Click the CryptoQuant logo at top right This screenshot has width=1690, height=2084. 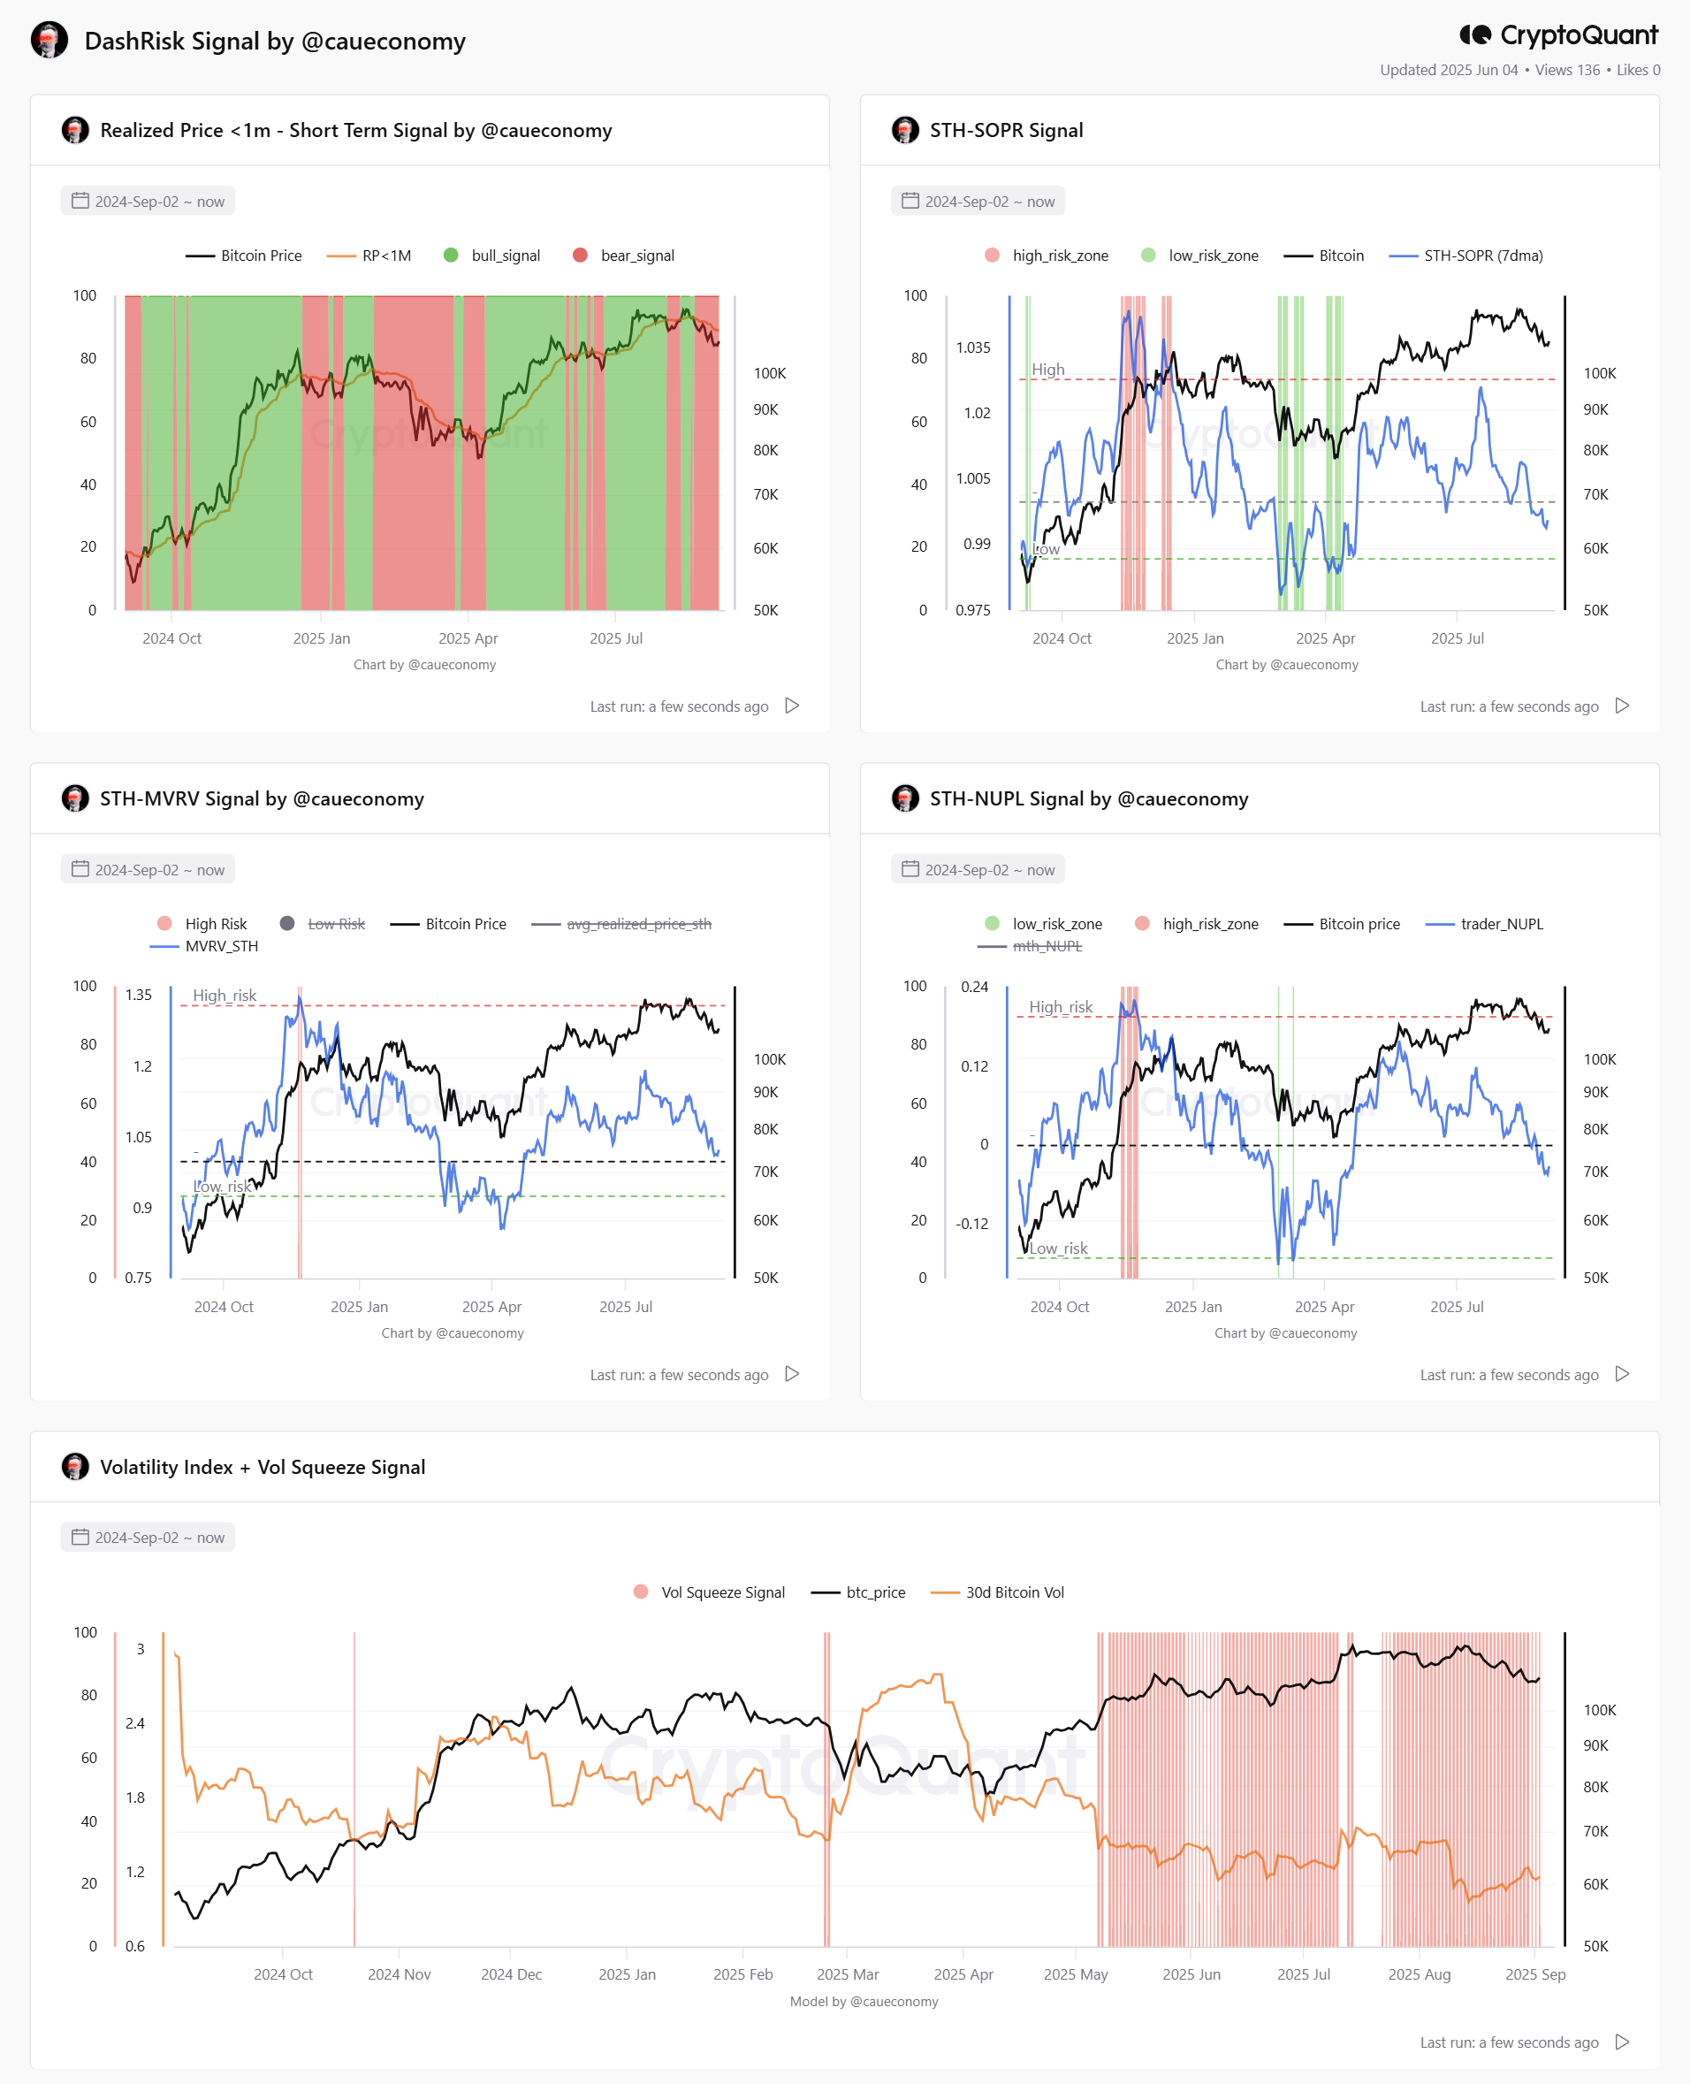[1557, 35]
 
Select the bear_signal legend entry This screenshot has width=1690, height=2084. [624, 256]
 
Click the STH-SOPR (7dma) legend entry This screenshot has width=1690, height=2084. [1466, 256]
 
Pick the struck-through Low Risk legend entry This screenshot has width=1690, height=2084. [323, 923]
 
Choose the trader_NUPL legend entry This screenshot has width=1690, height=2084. [1485, 923]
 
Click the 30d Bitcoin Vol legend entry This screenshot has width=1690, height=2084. [998, 1592]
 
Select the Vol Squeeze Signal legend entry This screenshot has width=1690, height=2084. [709, 1592]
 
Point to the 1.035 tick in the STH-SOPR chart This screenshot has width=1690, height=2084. [972, 347]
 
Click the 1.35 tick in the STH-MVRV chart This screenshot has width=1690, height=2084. [138, 995]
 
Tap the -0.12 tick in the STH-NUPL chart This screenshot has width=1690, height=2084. [971, 1223]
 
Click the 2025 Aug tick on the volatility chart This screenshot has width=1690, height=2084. [1419, 1974]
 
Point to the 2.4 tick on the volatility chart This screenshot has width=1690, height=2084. [135, 1722]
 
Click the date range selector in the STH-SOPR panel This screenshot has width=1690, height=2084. [978, 202]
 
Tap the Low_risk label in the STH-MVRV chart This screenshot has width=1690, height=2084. [222, 1187]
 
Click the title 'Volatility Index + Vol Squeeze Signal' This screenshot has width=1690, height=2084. [263, 1467]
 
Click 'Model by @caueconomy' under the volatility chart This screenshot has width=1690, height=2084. [864, 2001]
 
